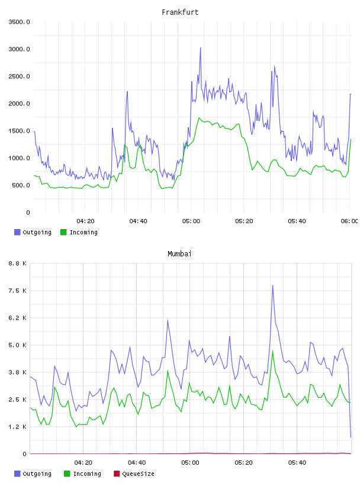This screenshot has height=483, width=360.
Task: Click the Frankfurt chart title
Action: coord(180,12)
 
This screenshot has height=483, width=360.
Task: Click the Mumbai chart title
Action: coord(179,254)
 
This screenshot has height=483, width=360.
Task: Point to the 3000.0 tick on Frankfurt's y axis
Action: coord(19,49)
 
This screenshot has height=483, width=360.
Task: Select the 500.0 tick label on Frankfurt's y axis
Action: coord(21,185)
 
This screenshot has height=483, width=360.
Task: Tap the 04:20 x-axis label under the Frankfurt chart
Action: coord(85,221)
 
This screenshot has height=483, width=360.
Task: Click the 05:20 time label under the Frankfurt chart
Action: coord(244,221)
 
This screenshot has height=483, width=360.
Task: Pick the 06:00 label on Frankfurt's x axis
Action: coord(349,221)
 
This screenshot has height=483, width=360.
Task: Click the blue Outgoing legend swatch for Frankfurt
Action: coord(17,232)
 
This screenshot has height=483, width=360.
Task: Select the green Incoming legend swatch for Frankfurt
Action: coord(63,232)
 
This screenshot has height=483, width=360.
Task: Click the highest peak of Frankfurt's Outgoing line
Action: coord(200,48)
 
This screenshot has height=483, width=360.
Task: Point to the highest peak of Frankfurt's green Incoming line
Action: coord(199,118)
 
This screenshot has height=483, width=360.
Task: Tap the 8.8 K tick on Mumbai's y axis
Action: coord(17,263)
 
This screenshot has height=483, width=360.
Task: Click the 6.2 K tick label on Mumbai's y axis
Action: coord(17,318)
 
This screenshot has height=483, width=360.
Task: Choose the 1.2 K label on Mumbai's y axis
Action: coord(17,427)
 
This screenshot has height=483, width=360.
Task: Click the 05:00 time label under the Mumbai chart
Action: coord(190,463)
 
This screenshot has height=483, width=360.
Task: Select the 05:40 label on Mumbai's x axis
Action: coord(297,463)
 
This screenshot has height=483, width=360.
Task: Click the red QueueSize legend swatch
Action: coord(117,474)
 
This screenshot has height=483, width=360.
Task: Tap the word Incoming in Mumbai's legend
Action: coord(87,474)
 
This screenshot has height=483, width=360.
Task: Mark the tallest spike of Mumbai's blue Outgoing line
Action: coord(272,285)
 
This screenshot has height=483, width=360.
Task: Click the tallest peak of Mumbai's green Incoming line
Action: coord(272,350)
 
